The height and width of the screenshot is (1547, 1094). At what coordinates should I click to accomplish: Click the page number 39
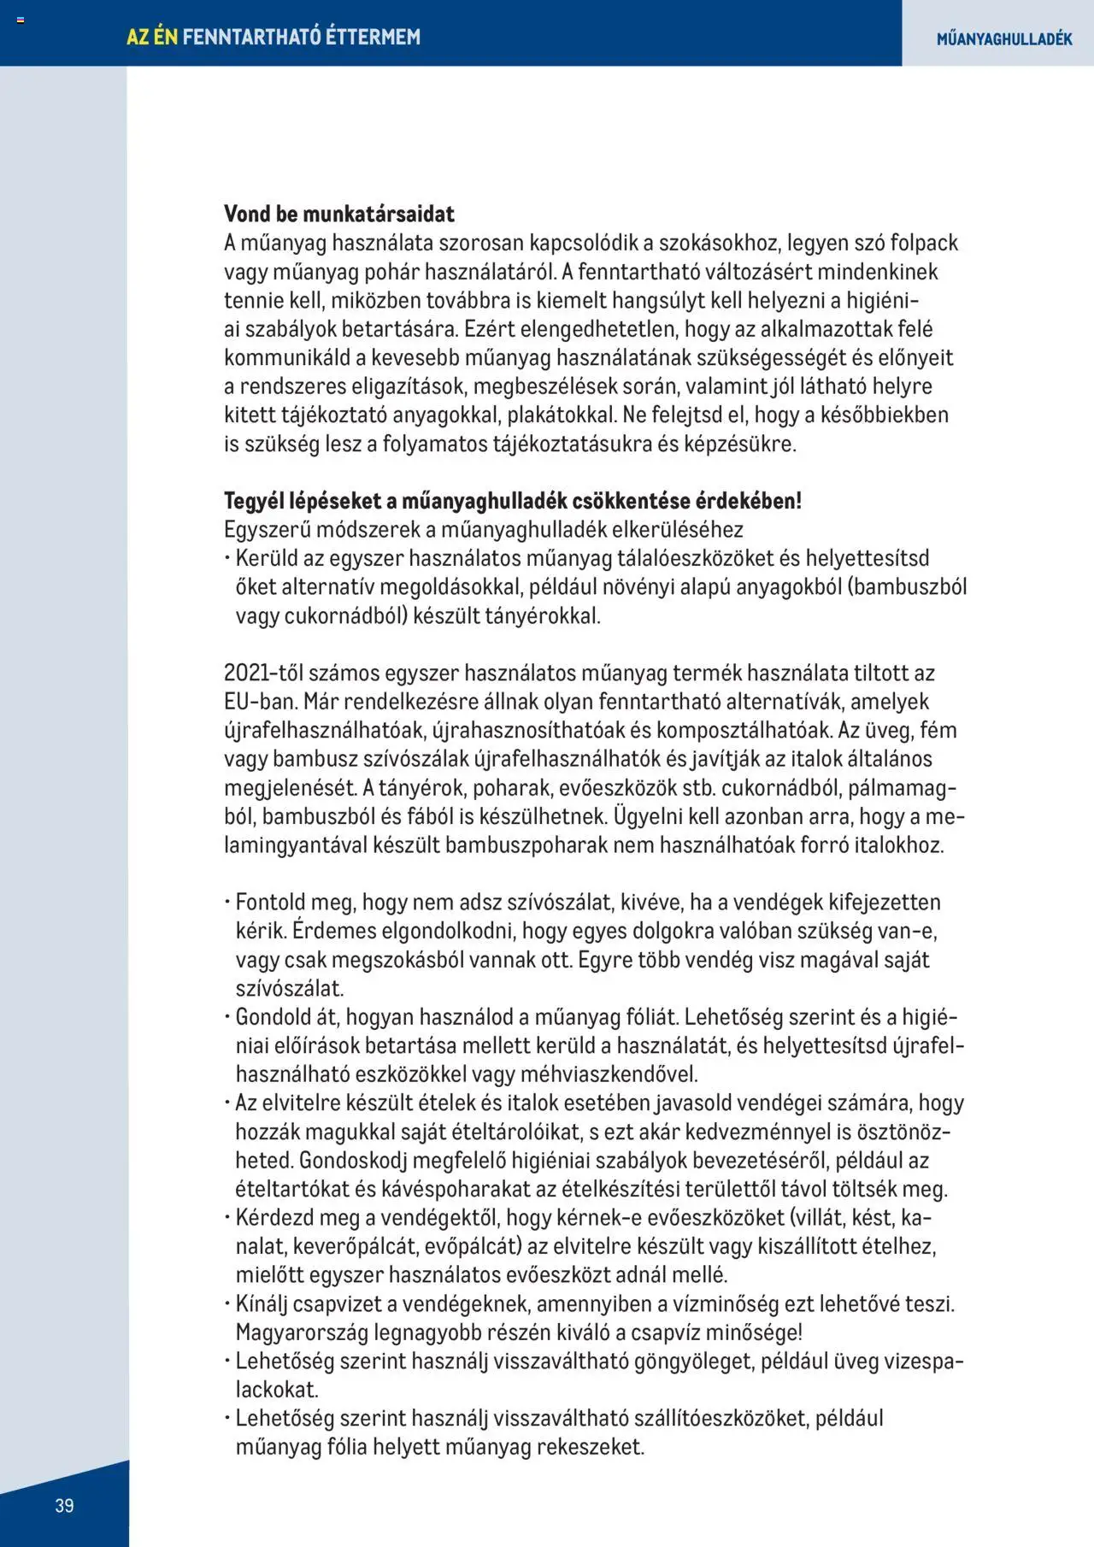pyautogui.click(x=64, y=1505)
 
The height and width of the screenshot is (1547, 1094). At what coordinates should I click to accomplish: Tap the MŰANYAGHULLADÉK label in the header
pyautogui.click(x=1003, y=38)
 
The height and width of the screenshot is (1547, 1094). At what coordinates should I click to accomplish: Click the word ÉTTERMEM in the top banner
pyautogui.click(x=373, y=37)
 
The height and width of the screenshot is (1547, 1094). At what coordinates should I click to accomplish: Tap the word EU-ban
pyautogui.click(x=260, y=702)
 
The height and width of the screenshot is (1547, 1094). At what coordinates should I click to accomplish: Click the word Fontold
pyautogui.click(x=270, y=903)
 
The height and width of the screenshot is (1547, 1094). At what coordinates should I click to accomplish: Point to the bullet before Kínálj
pyautogui.click(x=228, y=1304)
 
